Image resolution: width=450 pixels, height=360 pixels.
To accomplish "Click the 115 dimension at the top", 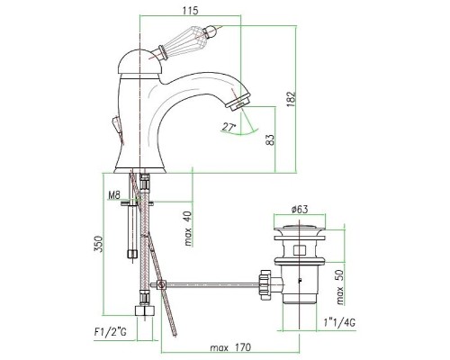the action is [x=190, y=11].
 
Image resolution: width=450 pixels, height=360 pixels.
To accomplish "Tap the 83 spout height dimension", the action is [x=270, y=139].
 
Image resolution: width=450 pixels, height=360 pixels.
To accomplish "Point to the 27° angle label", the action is [x=229, y=128].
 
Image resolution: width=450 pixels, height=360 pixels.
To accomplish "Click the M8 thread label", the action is [x=114, y=195].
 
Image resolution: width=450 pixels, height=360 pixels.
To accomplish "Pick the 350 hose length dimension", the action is [x=99, y=244].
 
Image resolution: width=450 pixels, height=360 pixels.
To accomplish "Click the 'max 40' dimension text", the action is [x=188, y=229].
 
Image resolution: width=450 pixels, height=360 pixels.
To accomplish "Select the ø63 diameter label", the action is [x=300, y=209].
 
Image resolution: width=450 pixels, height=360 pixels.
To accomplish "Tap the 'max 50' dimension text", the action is [x=340, y=287].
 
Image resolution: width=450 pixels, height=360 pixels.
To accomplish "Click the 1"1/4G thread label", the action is [x=339, y=323].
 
